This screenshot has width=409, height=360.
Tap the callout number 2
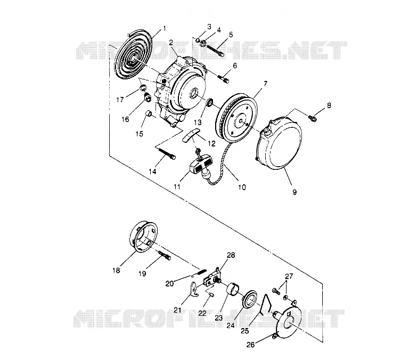pyautogui.click(x=171, y=43)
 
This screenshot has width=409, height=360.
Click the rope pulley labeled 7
pyautogui.click(x=236, y=116)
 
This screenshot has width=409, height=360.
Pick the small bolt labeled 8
pyautogui.click(x=312, y=118)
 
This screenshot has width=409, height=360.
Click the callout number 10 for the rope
pyautogui.click(x=242, y=187)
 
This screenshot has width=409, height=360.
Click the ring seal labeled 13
pyautogui.click(x=210, y=102)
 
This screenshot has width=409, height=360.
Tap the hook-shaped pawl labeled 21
pyautogui.click(x=193, y=289)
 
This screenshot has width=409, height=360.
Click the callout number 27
pyautogui.click(x=289, y=276)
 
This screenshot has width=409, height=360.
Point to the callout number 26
pyautogui.click(x=250, y=345)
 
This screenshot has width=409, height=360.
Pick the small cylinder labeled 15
pyautogui.click(x=149, y=114)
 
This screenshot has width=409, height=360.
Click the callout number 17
pyautogui.click(x=120, y=100)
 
